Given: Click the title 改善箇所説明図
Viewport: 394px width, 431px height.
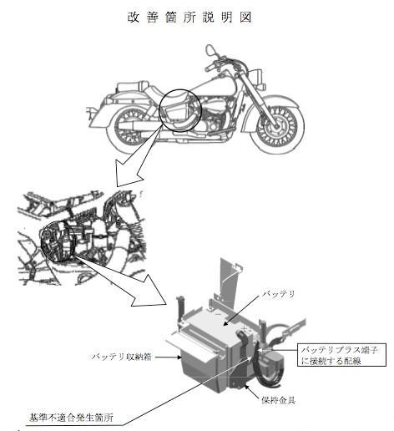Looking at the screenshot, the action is pyautogui.click(x=189, y=18).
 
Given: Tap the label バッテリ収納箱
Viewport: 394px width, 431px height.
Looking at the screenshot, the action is pyautogui.click(x=122, y=357).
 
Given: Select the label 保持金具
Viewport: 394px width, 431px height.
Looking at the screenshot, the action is pyautogui.click(x=278, y=400).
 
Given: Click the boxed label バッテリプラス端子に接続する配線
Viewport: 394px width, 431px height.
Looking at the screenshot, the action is pyautogui.click(x=341, y=354).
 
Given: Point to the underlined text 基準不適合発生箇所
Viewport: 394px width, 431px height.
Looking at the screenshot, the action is pyautogui.click(x=71, y=418).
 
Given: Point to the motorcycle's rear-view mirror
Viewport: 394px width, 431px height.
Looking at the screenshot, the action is pyautogui.click(x=210, y=50).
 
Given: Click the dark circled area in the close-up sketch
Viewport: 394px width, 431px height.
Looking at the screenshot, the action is pyautogui.click(x=58, y=241).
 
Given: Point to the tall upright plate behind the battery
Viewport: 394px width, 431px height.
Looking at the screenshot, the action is pyautogui.click(x=228, y=281).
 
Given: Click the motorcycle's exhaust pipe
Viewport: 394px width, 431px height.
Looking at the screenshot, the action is pyautogui.click(x=150, y=126).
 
